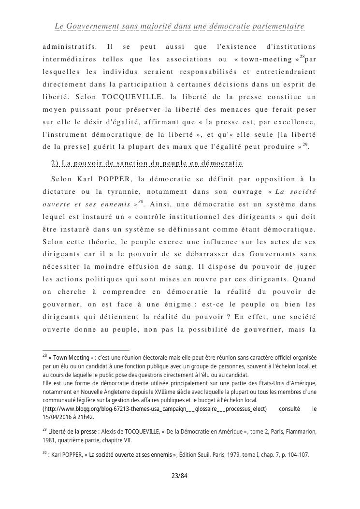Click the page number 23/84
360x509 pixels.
click(x=179, y=476)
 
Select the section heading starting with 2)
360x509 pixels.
click(x=146, y=163)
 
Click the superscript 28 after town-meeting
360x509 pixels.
click(x=302, y=57)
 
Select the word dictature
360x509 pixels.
click(x=60, y=192)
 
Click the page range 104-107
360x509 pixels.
click(x=296, y=455)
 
